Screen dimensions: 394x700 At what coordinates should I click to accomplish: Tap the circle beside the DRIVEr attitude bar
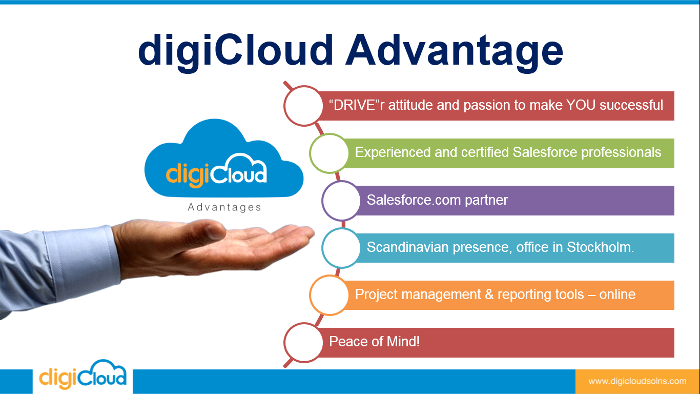303,106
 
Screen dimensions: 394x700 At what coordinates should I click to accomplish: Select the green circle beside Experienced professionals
329,153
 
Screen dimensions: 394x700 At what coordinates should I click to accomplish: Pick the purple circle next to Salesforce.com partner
341,200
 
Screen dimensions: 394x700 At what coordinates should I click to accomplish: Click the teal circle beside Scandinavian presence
341,248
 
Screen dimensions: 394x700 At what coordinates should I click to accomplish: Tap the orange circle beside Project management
329,295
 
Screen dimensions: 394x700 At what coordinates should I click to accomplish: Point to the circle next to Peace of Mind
303,342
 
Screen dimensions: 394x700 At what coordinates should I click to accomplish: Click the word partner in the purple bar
486,200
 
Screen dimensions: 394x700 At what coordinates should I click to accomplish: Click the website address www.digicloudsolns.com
637,381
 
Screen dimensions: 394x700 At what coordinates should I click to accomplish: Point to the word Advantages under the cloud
224,208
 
